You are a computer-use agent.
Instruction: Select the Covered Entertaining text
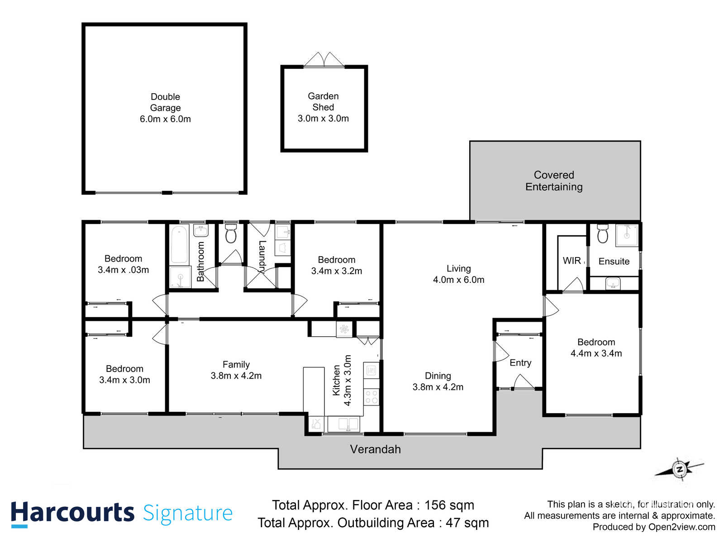coord(554,181)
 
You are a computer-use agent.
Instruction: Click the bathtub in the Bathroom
coord(180,244)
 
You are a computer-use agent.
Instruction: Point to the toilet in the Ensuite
coord(603,233)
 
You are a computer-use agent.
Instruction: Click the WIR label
coord(572,261)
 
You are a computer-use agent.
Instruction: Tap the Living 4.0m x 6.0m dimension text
coord(458,280)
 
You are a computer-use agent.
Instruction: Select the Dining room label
coord(438,376)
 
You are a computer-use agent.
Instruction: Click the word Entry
coord(520,363)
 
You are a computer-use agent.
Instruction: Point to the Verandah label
coord(376,449)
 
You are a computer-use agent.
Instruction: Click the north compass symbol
coord(679,469)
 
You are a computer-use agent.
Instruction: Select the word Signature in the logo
coord(188,514)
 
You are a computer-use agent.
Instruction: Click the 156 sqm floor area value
coord(449,505)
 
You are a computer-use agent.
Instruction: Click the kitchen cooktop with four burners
coord(371,397)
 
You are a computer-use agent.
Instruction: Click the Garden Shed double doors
coord(324,60)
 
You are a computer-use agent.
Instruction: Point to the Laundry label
coord(262,257)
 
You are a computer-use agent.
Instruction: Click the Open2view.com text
coord(682,527)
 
